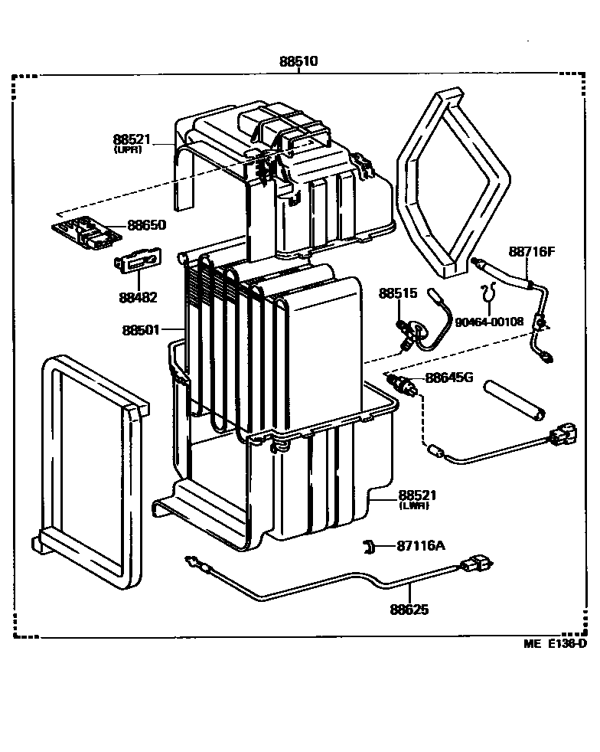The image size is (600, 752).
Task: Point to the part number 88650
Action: [x=145, y=225]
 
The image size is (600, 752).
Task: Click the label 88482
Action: [x=139, y=297]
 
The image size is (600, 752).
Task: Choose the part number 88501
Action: [x=140, y=331]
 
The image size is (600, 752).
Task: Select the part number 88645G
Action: [x=450, y=378]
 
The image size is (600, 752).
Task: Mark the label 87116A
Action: [x=421, y=545]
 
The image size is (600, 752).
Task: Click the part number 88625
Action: [x=409, y=610]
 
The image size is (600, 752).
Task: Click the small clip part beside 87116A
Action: [x=369, y=545]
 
